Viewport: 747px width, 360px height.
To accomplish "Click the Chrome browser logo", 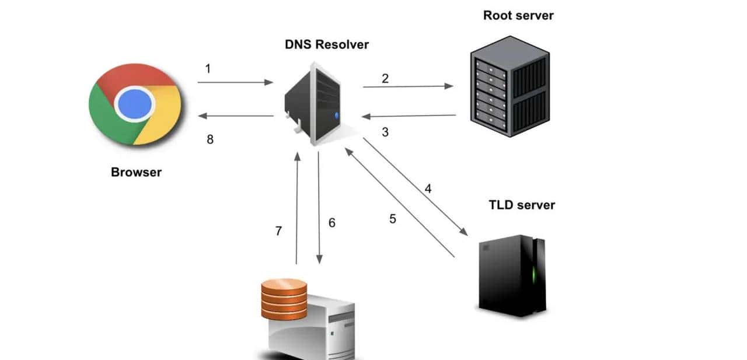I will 135,104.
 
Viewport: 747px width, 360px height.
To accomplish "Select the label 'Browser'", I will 136,172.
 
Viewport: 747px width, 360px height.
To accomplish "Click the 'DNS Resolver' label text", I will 326,44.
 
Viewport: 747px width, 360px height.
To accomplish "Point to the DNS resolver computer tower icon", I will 315,104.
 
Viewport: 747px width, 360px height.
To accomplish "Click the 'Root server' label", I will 518,15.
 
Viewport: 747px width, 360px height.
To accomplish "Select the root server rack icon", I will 509,86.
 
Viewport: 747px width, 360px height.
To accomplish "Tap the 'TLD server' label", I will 522,205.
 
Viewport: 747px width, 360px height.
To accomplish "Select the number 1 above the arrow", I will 208,69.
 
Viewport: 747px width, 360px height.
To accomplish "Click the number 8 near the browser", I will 210,139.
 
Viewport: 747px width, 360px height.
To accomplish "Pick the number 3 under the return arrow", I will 385,132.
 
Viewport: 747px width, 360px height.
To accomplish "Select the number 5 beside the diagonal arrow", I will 393,219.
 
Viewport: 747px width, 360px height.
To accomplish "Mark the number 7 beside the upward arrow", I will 278,231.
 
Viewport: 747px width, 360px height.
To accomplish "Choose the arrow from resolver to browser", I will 236,116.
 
